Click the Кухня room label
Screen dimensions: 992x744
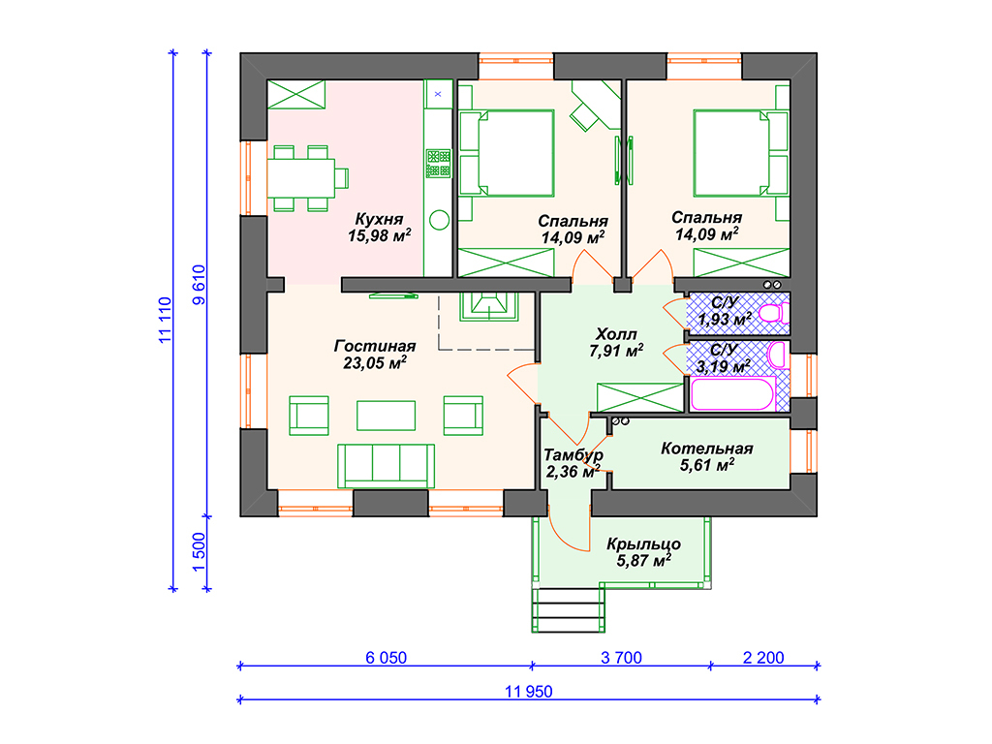(379, 219)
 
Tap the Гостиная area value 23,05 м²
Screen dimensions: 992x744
(375, 362)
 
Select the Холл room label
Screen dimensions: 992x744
(616, 334)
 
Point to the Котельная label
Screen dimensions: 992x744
(706, 448)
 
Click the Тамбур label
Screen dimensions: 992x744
(573, 455)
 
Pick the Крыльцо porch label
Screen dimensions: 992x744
(643, 544)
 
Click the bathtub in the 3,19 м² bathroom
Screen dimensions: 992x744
(733, 394)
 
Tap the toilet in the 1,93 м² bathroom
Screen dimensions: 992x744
(774, 313)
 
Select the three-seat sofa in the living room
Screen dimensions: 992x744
(386, 466)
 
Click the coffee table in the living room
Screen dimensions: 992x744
(386, 416)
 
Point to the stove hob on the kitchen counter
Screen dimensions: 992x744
(438, 163)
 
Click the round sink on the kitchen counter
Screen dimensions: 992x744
(439, 220)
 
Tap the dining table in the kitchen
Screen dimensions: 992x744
(300, 178)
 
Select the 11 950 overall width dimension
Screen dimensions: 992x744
(528, 692)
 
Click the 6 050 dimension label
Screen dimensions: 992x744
(386, 658)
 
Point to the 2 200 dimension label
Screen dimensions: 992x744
(763, 658)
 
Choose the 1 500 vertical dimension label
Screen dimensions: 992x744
(199, 552)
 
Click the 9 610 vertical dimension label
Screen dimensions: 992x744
(199, 285)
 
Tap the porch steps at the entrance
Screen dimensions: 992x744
(568, 610)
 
